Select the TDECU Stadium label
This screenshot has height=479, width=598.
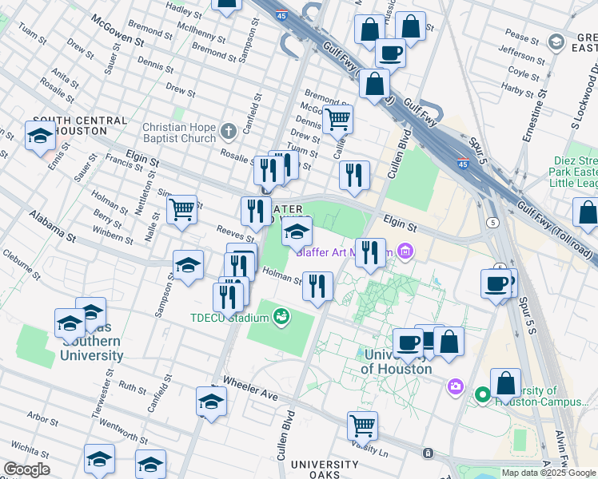coord(229,318)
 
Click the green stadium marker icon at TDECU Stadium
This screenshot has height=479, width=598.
coord(280,318)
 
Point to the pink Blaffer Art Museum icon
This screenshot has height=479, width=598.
coord(405,253)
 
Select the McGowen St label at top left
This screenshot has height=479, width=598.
coord(117,30)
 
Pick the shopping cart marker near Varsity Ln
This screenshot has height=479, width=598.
coord(363,426)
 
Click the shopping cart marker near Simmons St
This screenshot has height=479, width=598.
coord(182,210)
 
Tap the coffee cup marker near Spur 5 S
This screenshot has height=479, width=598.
coord(496,283)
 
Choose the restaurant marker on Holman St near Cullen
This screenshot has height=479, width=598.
coord(318,286)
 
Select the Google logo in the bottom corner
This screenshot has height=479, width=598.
coord(26,469)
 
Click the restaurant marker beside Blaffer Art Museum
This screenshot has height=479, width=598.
coord(370,252)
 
